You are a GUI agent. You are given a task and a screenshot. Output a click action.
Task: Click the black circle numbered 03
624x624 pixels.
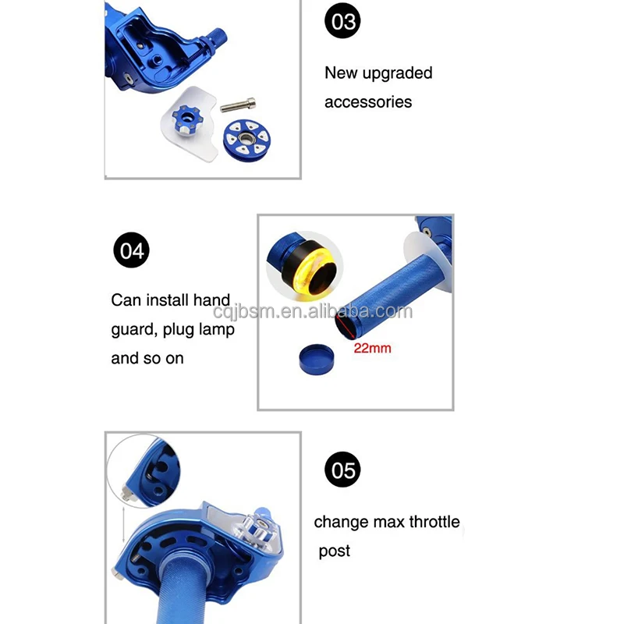(342, 21)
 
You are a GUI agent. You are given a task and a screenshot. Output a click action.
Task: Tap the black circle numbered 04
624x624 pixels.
(131, 250)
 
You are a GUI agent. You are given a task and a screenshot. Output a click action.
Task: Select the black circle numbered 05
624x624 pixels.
(342, 470)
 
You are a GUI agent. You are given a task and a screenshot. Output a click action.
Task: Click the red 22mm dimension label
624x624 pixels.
(373, 348)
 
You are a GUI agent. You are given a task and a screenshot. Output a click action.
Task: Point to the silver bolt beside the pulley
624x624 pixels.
(238, 105)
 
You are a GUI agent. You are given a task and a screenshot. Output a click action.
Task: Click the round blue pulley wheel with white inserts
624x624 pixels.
(244, 140)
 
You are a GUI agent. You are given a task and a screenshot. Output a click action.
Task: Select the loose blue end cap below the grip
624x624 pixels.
(317, 360)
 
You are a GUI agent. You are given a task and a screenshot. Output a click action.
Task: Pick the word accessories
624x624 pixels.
(368, 102)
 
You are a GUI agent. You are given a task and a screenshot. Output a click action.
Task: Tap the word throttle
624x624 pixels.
(434, 522)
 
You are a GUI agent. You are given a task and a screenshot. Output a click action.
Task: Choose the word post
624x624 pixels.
(335, 551)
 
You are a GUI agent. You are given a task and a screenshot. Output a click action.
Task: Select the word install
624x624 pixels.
(168, 300)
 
